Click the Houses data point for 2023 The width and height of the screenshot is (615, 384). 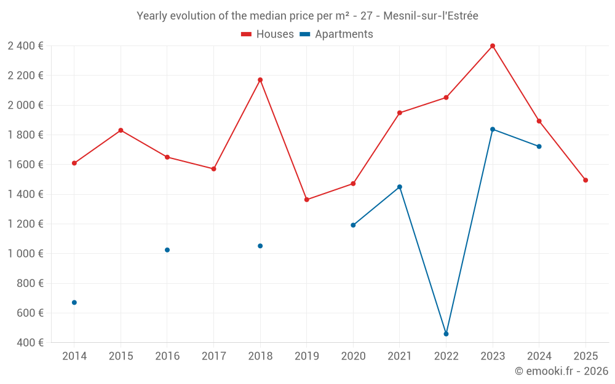[493, 46]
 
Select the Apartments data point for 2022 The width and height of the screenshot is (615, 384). [446, 334]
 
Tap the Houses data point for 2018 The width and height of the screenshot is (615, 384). [260, 80]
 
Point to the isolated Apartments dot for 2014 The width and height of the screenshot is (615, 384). [74, 302]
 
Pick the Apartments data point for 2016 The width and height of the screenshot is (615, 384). [167, 250]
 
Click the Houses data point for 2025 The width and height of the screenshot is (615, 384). [585, 180]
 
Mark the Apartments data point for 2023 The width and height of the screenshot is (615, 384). [493, 129]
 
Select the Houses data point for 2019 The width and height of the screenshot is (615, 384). [307, 200]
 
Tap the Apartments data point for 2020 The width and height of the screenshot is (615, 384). [353, 225]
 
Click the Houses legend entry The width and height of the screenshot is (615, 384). [268, 34]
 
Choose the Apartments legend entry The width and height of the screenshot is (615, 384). [336, 34]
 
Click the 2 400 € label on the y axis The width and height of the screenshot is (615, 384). [25, 45]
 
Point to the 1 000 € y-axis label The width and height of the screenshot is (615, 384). [25, 254]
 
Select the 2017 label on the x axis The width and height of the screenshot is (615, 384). [213, 356]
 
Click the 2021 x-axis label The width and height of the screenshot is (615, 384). [400, 356]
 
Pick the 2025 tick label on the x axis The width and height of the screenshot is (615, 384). [585, 356]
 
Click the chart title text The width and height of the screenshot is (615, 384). [307, 16]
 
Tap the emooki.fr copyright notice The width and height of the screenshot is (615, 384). [561, 371]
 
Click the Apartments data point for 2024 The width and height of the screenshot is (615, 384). [539, 146]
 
